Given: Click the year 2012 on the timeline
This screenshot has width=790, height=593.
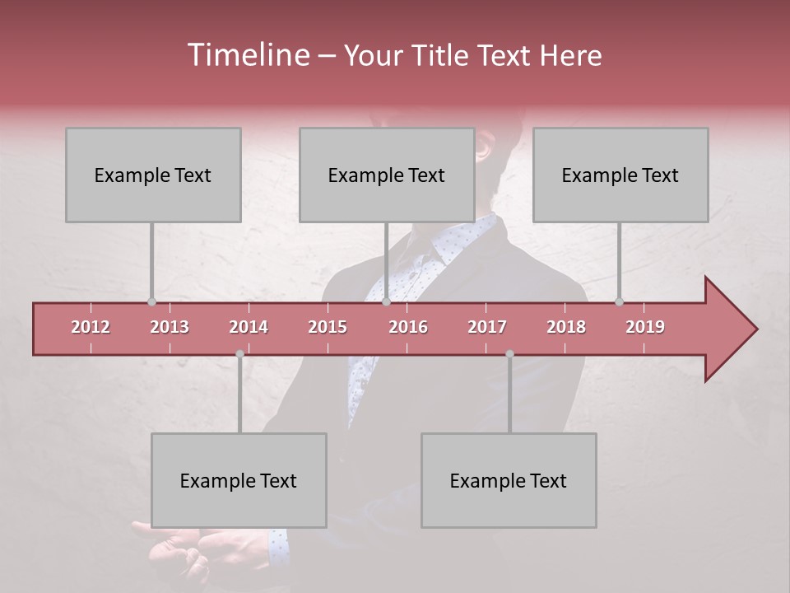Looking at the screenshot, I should click(x=91, y=327).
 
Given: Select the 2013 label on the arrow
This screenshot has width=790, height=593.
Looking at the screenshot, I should click(x=170, y=327).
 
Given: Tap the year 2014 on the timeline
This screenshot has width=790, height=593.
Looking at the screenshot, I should click(x=249, y=327).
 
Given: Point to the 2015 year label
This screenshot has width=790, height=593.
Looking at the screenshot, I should click(x=328, y=327).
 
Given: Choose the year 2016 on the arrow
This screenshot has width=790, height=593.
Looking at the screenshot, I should click(x=408, y=327).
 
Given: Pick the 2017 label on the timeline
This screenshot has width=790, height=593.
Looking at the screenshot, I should click(x=487, y=327).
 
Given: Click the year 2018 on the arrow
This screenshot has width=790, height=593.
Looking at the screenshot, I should click(x=566, y=327).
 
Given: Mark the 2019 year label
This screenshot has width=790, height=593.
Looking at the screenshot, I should click(x=645, y=327).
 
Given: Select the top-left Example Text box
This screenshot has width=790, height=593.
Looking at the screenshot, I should click(x=153, y=175).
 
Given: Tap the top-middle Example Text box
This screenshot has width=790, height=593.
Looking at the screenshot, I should click(x=387, y=175).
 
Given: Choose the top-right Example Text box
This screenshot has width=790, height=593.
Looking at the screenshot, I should click(x=620, y=175).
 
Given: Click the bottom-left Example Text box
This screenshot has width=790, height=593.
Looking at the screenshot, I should click(x=239, y=480).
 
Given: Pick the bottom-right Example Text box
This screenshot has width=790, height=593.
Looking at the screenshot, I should click(x=509, y=480).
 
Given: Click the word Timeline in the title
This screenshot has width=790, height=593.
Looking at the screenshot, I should click(x=248, y=55).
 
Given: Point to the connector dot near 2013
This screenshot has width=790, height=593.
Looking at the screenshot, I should click(x=151, y=301).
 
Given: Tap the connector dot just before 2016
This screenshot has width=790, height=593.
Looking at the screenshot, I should click(x=387, y=301).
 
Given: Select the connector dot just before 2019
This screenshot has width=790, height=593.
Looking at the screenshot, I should click(x=620, y=301).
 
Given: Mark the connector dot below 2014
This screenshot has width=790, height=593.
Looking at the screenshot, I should click(x=239, y=353).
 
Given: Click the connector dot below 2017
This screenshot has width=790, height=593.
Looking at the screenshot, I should click(x=509, y=353).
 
